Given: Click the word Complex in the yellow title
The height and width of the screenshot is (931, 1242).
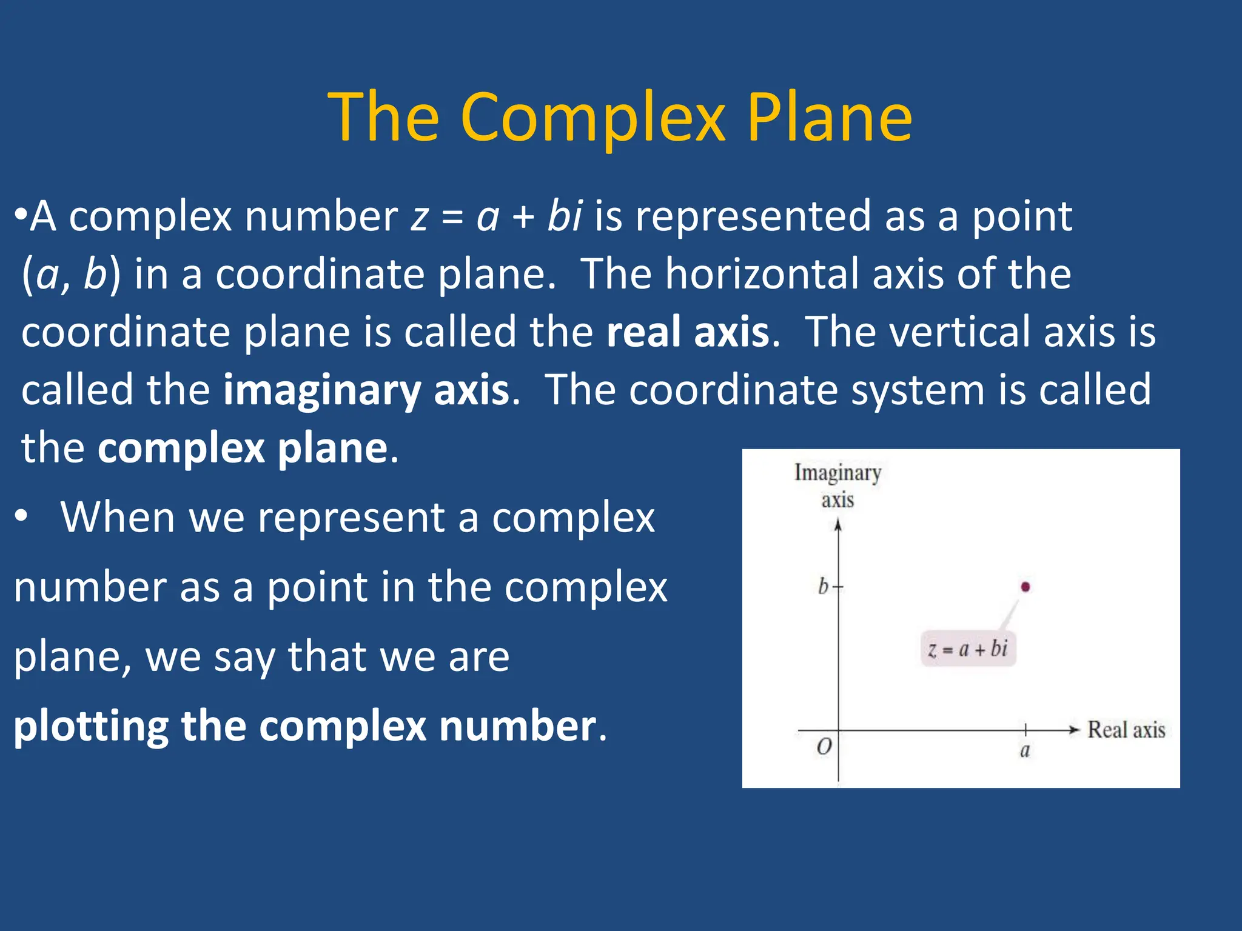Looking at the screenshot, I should (x=592, y=118).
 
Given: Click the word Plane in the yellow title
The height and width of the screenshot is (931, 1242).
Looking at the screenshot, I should (x=829, y=118).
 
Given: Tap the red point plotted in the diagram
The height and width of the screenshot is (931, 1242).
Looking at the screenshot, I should (x=1025, y=587).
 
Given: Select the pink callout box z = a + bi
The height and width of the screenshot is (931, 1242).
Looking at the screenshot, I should (x=968, y=649).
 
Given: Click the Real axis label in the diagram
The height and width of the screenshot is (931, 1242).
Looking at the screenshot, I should (x=1126, y=730).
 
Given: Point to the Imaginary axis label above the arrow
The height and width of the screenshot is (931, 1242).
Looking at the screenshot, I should (x=838, y=486).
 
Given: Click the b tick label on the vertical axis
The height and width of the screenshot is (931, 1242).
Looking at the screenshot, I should (x=823, y=586).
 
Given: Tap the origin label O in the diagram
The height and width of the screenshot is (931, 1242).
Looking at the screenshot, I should (x=824, y=747).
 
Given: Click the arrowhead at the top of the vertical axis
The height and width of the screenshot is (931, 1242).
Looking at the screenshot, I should (x=838, y=525).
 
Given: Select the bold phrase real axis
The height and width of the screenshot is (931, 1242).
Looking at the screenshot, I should (x=688, y=332).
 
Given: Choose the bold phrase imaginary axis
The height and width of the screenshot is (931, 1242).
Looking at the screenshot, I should (x=366, y=390).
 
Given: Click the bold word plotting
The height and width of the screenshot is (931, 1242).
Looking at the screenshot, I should (x=91, y=726).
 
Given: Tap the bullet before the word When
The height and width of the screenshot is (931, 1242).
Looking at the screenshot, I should (x=22, y=517).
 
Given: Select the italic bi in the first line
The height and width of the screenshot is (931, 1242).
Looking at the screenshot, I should (x=565, y=216).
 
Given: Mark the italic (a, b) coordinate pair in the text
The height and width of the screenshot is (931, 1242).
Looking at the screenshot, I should (x=71, y=275).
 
